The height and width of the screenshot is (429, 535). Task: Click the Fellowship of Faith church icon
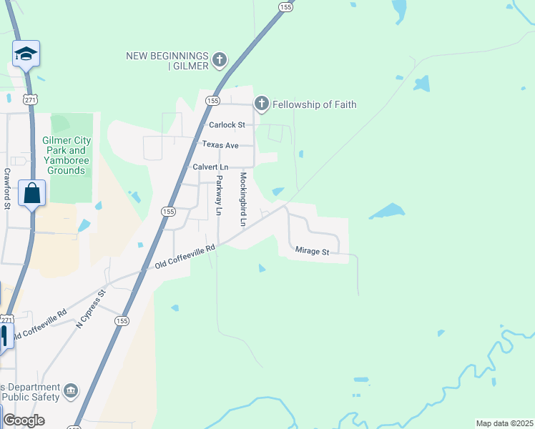[x=262, y=104]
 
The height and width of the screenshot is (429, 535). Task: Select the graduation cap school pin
[x=26, y=54]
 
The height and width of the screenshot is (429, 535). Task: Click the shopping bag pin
[x=32, y=193]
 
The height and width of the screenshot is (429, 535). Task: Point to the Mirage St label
[x=312, y=252]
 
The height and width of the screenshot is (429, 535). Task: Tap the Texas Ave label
[x=220, y=144]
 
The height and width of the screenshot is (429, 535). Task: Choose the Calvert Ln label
[x=210, y=167]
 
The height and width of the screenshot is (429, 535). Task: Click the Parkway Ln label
[x=220, y=195]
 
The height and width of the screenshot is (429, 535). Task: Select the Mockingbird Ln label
[x=243, y=199]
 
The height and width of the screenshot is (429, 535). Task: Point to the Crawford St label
[x=7, y=189]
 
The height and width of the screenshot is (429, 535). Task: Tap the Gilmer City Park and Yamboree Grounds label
[x=64, y=150]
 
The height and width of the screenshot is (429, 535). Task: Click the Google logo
[x=24, y=420]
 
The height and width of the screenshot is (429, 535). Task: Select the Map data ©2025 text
[x=504, y=423]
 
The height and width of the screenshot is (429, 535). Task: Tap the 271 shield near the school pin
[x=29, y=99]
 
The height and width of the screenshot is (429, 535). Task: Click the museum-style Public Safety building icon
[x=71, y=390]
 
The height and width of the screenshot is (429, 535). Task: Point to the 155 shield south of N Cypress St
[x=122, y=322]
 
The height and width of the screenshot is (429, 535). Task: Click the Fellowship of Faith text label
[x=314, y=104]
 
